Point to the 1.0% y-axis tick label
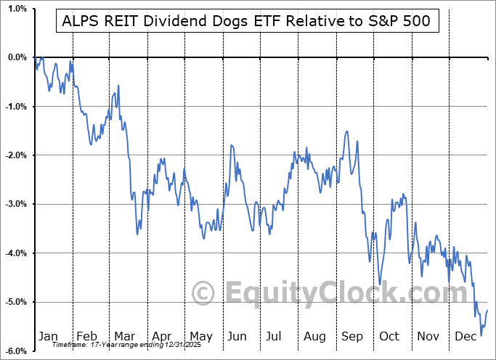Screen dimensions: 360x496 [16, 9]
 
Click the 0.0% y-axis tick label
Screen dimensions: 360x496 [16, 57]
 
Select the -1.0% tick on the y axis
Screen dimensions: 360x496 [15, 106]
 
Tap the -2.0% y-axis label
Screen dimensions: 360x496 [15, 155]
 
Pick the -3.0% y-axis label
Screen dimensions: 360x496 [15, 204]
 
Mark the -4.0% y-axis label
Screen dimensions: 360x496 [15, 253]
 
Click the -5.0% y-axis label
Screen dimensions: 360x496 [15, 302]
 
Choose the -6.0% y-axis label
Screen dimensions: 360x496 [15, 351]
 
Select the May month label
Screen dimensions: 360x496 [200, 337]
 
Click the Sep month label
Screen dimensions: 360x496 [353, 337]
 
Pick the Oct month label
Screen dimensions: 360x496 [390, 337]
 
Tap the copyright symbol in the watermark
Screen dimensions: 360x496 [203, 294]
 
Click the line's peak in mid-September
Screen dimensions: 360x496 [348, 131]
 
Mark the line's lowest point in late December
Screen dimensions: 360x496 [481, 335]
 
